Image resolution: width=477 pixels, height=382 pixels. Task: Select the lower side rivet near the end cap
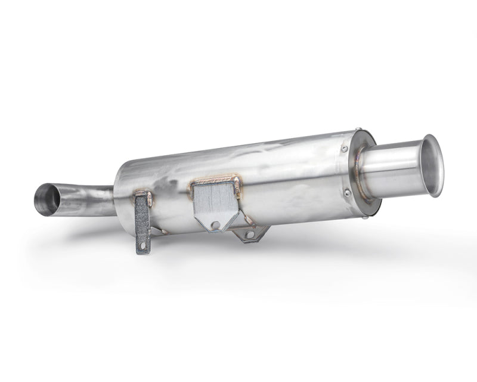[346, 192]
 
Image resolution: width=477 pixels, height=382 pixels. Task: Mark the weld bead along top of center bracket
[215, 180]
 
